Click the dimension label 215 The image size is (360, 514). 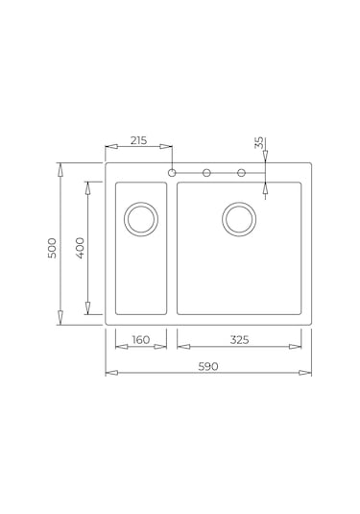[138, 141]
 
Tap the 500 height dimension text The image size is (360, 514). [53, 247]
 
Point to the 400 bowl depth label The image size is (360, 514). [81, 247]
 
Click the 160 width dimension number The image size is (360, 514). [140, 339]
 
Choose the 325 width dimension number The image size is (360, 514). [239, 339]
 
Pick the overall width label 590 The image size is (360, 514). [208, 366]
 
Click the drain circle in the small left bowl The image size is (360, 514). [140, 219]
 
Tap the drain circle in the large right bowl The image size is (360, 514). [239, 219]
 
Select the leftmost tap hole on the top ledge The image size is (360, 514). [172, 173]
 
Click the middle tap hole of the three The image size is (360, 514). [206, 173]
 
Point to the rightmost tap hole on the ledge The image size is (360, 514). [241, 173]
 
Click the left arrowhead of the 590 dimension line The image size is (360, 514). [110, 373]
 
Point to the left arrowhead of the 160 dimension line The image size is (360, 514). [120, 346]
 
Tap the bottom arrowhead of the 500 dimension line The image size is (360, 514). [60, 319]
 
